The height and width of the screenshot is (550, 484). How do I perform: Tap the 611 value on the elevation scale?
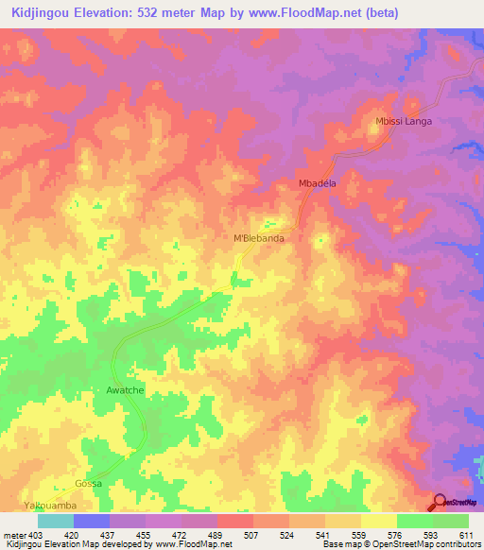click(x=466, y=536)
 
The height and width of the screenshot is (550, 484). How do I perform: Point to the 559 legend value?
click(x=359, y=536)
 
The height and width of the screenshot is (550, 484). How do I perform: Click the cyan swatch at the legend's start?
click(x=56, y=521)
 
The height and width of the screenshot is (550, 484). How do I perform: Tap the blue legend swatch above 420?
click(x=92, y=521)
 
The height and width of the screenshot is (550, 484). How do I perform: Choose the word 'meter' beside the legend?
click(x=10, y=536)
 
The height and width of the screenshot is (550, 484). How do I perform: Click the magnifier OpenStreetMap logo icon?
click(x=440, y=503)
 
